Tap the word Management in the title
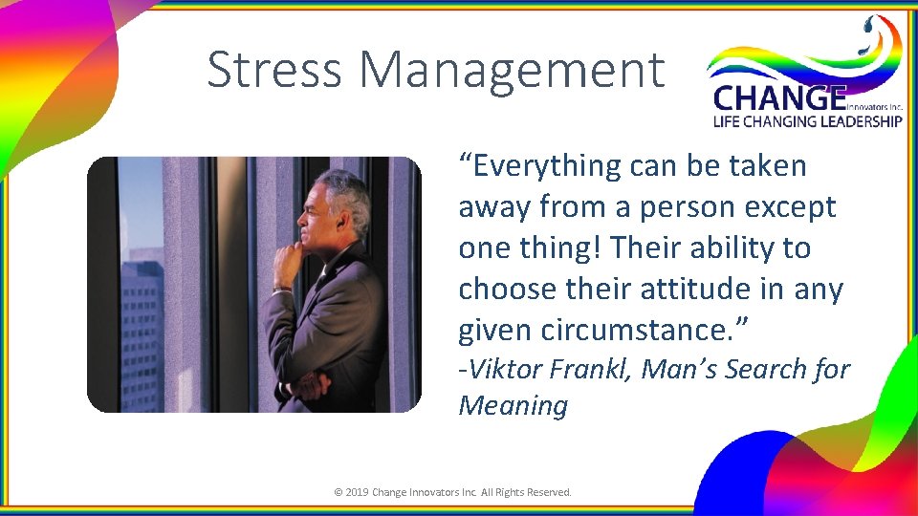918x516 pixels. (x=513, y=70)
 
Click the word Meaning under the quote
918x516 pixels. (x=513, y=405)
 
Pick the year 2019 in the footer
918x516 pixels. (x=357, y=492)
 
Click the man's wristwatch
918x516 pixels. (x=280, y=288)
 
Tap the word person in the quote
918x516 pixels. (x=682, y=206)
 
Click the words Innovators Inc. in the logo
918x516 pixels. (x=874, y=107)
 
